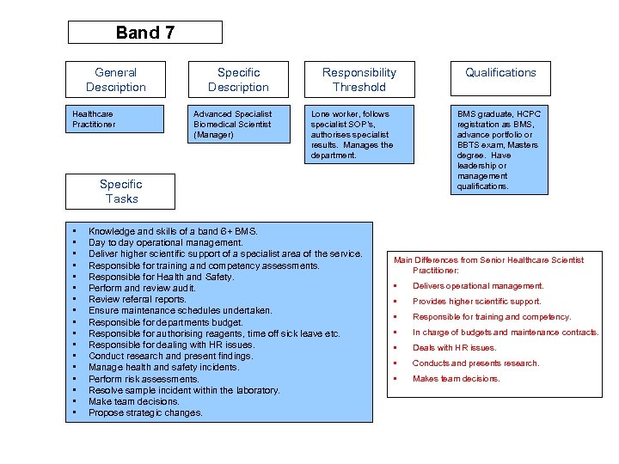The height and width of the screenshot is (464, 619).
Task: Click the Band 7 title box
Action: coord(144,33)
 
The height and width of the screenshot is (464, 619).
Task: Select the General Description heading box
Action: coord(116,79)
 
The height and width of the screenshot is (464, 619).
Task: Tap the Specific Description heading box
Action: coord(238,79)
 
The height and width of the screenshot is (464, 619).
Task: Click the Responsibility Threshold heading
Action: coord(359,79)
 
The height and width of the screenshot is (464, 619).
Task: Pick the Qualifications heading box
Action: coord(500,73)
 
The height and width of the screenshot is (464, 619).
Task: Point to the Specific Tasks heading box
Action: coord(121,191)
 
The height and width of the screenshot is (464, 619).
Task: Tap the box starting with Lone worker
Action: coord(359,134)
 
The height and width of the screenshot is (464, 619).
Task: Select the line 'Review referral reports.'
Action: coord(137,299)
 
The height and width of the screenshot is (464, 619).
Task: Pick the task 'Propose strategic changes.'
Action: coord(145,412)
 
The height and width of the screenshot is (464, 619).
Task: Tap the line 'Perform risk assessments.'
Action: coord(144,379)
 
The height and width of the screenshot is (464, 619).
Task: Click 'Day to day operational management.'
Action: coord(166,243)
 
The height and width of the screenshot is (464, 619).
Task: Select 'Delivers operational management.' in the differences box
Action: coord(478,286)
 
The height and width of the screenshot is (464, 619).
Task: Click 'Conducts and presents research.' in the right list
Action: coord(475,363)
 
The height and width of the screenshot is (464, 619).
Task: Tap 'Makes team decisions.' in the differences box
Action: coord(456,379)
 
